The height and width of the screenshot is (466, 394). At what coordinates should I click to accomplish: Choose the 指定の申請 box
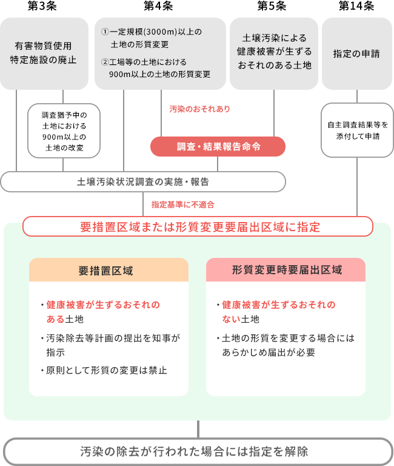[356, 53]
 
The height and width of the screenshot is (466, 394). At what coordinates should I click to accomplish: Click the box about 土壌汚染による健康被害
[275, 53]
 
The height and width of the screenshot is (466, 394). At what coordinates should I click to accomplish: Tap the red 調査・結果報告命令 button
[218, 146]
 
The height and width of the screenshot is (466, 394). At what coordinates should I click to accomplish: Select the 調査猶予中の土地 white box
[63, 130]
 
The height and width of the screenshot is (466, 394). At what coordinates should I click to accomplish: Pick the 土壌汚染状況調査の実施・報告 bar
[143, 181]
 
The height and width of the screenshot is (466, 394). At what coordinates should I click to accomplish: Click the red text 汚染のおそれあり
[199, 109]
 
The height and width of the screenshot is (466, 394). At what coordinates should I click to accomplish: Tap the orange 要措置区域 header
[109, 270]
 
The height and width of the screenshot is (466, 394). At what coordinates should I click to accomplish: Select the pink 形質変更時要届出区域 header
[285, 270]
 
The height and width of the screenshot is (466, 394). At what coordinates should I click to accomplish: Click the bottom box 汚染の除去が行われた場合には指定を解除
[198, 451]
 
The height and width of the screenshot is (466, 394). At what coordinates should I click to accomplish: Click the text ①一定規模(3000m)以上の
[152, 32]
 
